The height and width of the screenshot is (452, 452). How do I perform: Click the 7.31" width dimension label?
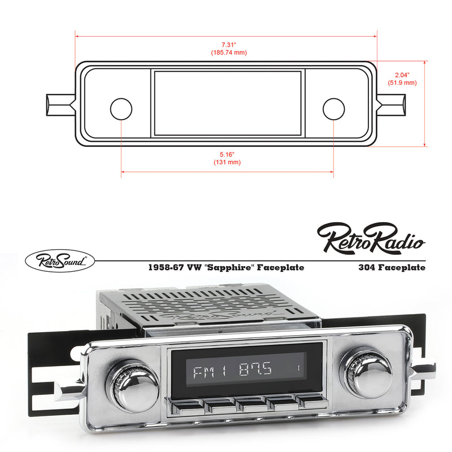tap(228, 44)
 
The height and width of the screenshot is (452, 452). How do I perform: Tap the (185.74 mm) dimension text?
tap(228, 53)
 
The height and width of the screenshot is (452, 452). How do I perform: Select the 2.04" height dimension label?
tap(402, 75)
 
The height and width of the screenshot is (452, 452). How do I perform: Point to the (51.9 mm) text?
tap(402, 82)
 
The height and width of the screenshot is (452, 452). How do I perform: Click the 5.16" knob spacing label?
tap(227, 154)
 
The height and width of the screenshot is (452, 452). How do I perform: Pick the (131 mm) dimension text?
tap(227, 162)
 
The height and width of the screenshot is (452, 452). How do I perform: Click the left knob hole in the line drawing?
tap(121, 109)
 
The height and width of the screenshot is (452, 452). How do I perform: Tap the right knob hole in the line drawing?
tap(333, 109)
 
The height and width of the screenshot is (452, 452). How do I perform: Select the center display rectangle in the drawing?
tap(227, 103)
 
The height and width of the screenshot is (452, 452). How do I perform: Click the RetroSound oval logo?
tap(60, 260)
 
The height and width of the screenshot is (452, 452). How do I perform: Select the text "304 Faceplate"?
tap(392, 267)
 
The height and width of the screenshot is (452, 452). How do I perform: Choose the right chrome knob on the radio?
tap(368, 372)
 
